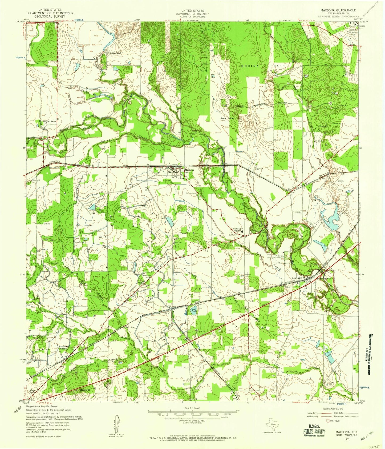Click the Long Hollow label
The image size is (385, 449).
pyautogui.click(x=227, y=118)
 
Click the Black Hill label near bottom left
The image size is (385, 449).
pyautogui.click(x=85, y=391)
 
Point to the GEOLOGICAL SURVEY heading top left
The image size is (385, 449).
pyautogui.click(x=50, y=16)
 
